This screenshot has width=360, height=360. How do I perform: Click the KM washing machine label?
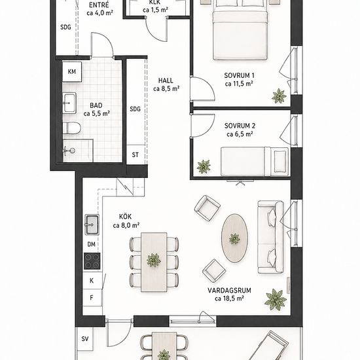click(x=72, y=71)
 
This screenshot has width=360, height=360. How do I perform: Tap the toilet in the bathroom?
click(x=71, y=128)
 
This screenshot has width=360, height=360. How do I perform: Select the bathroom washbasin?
click(x=69, y=103)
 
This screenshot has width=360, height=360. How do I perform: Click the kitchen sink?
click(x=92, y=225)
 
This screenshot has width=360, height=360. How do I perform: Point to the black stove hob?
click(x=92, y=261)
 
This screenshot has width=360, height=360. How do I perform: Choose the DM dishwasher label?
click(x=92, y=244)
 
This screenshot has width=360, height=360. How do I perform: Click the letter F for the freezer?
click(x=92, y=298)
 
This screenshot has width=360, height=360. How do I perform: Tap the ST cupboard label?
click(x=135, y=155)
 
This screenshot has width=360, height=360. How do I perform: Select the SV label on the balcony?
click(x=85, y=339)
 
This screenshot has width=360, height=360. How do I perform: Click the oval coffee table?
click(x=234, y=238)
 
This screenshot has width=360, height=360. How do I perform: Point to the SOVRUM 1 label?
click(x=239, y=75)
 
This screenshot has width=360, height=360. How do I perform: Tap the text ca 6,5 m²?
click(x=240, y=134)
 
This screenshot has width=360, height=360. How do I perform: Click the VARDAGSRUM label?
click(x=229, y=291)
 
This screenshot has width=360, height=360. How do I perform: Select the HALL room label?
click(x=166, y=81)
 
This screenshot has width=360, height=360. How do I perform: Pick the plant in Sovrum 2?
click(x=204, y=166)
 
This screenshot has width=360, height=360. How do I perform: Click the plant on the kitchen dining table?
click(x=154, y=260)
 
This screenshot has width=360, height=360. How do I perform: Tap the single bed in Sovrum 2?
click(x=255, y=162)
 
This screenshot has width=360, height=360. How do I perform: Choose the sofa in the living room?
click(x=271, y=237)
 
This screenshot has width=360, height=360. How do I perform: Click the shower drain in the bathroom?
click(x=72, y=151)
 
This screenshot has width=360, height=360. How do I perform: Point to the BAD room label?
click(x=96, y=105)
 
